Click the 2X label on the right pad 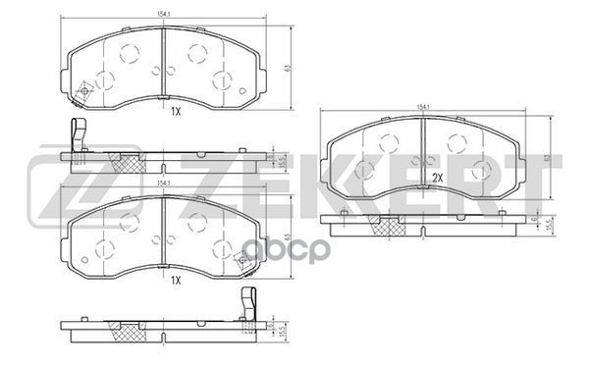point(439,177)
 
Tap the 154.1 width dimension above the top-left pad point(163,12)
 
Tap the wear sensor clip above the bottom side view point(249,300)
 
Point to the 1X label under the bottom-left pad point(177,281)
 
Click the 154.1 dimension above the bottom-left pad point(163,184)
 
